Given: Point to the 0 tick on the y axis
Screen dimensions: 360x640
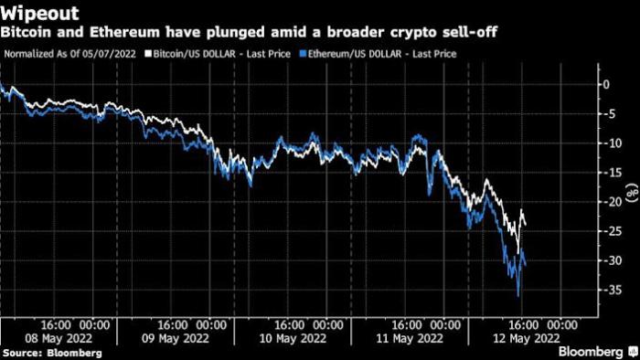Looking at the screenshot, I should [x=612, y=84].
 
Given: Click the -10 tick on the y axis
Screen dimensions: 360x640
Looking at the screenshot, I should [x=609, y=143].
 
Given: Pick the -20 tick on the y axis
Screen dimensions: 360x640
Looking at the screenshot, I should [x=609, y=202].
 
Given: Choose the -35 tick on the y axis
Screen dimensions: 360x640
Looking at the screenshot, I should [x=609, y=290].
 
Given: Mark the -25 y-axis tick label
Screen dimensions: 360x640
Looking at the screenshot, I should [x=609, y=231].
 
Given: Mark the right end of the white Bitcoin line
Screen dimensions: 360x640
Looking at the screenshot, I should [x=526, y=225].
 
